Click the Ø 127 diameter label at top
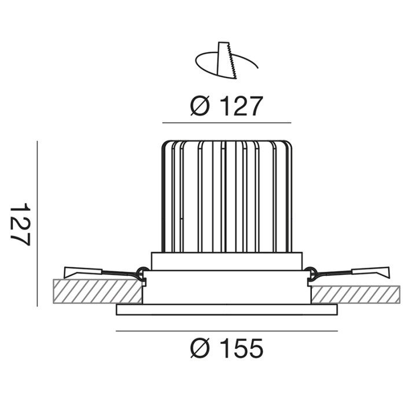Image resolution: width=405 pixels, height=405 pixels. pos(227,106)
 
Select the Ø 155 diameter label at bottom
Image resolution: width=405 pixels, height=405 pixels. pos(227,348)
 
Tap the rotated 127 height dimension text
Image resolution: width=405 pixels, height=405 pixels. pos(20,224)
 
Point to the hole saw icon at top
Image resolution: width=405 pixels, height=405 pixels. pos(227,60)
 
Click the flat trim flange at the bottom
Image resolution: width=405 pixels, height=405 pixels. pos(227,310)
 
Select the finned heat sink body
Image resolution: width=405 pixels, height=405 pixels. pos(227,196)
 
